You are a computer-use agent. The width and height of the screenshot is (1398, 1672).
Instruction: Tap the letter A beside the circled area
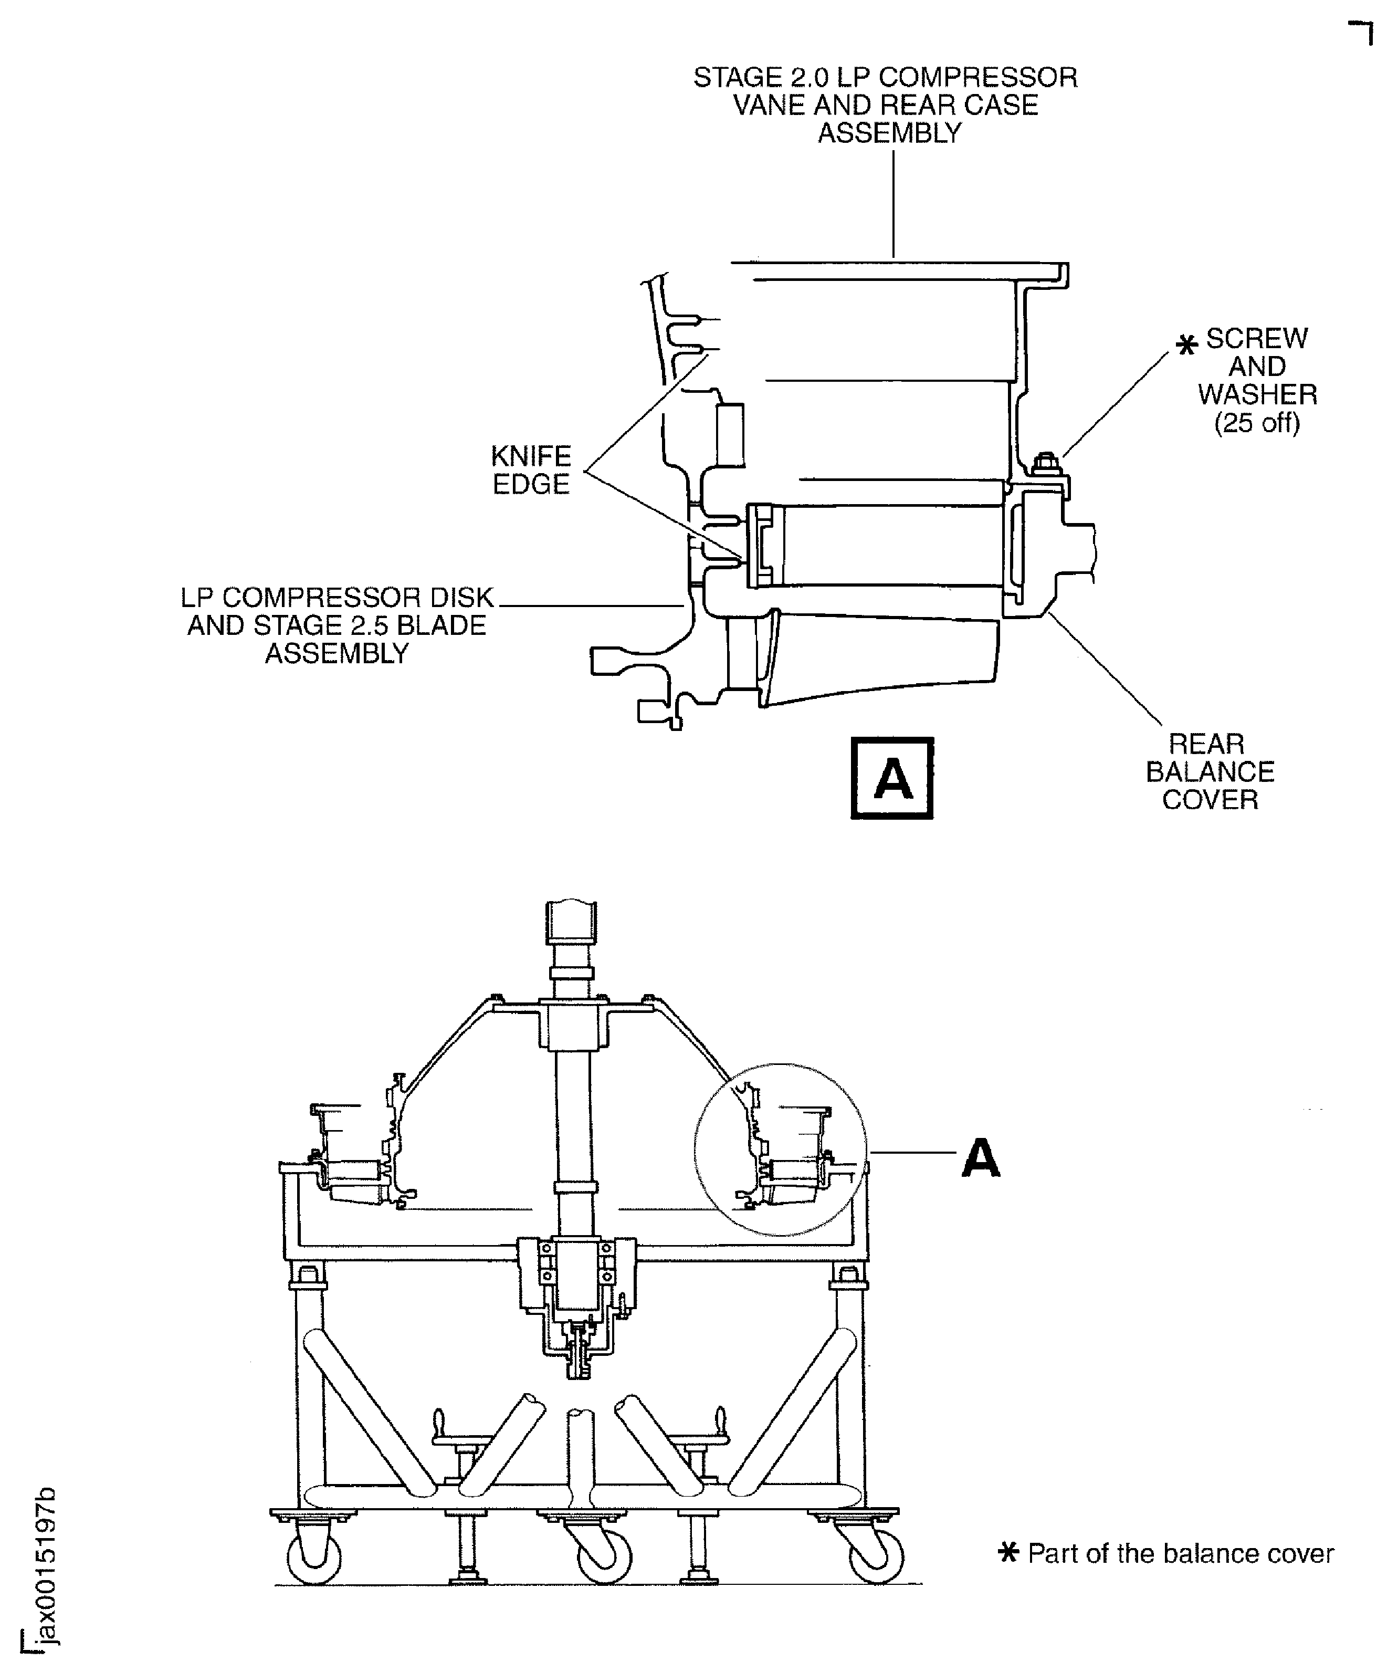click(x=980, y=1158)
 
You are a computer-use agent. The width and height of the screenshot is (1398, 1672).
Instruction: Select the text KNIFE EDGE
click(x=531, y=470)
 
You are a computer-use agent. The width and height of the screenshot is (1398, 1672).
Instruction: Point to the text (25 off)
click(x=1257, y=423)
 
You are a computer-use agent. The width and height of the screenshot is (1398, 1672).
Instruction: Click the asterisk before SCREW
click(x=1186, y=345)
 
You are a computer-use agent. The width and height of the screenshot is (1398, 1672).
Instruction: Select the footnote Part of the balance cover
click(x=1180, y=1553)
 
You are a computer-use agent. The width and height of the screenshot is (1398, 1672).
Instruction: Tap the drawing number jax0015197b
click(x=46, y=1564)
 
